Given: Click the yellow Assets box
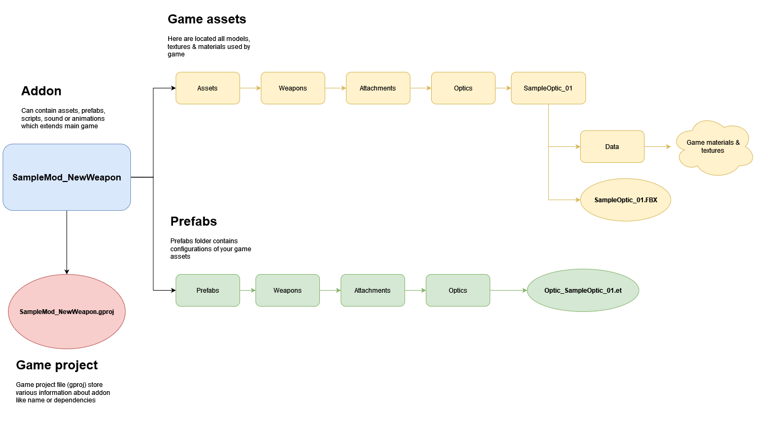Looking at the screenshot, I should pos(208,88).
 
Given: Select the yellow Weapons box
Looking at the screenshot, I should pos(293,88).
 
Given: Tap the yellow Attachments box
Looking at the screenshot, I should pos(378,88).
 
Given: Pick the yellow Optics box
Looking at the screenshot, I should pos(463,88).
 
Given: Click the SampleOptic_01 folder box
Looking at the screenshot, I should pos(548,88).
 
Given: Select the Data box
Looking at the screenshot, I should pos(612,147).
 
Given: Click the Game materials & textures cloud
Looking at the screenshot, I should pos(713,147).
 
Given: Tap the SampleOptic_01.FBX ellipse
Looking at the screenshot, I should pos(625,200).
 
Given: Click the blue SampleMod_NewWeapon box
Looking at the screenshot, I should pos(67,177).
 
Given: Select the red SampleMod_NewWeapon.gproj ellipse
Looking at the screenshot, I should pos(67,312).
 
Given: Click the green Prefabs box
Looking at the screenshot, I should pos(208,291).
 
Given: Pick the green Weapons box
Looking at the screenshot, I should pos(287,291).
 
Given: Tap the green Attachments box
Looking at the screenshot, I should pos(373,291).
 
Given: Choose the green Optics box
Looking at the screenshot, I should pos(458,291).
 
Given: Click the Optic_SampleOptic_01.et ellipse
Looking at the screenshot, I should pos(583,291).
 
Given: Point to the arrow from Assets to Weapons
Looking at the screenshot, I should pos(250,88).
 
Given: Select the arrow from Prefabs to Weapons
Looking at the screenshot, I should pos(247,291).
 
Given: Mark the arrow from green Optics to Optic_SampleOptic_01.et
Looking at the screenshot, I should pos(508,291).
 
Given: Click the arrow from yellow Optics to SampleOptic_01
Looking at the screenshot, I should pos(503,88).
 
